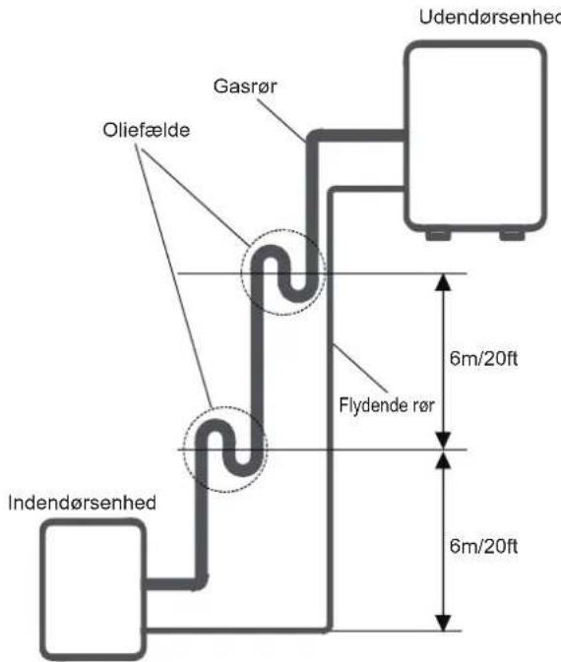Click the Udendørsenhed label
(x=490, y=18)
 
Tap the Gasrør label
(x=245, y=87)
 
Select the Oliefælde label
(x=147, y=130)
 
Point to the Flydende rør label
(x=387, y=405)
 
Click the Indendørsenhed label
(x=82, y=503)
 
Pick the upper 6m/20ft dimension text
(x=483, y=359)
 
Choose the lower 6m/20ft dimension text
(x=483, y=546)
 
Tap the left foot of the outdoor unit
(x=438, y=235)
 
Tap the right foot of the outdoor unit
(x=513, y=235)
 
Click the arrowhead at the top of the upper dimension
(x=443, y=281)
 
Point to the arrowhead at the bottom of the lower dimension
(x=443, y=624)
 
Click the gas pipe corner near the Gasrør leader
(x=313, y=137)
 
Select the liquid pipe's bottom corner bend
(x=328, y=629)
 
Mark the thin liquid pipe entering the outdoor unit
(x=367, y=189)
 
